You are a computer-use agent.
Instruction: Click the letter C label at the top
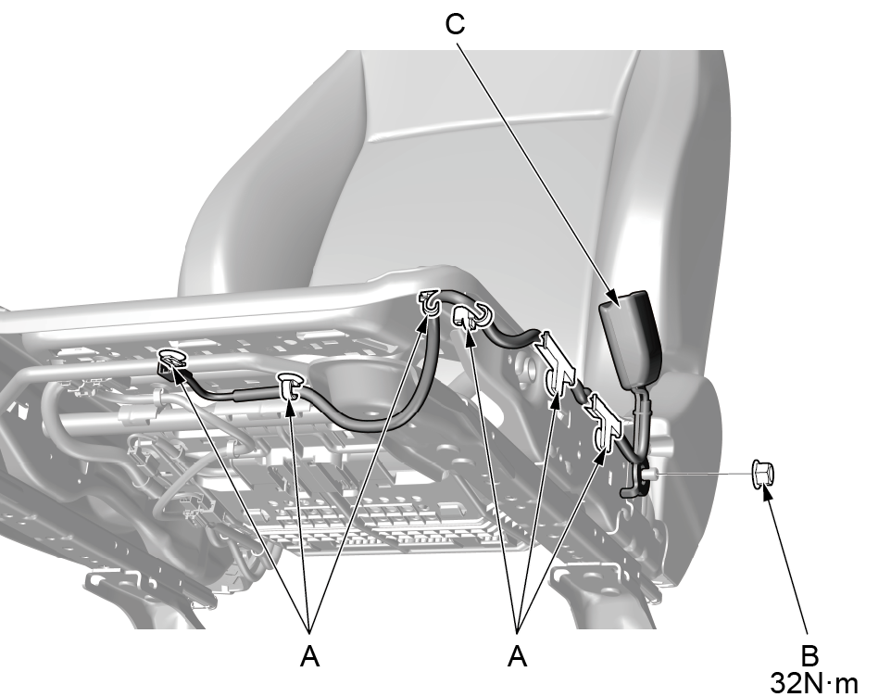(455, 24)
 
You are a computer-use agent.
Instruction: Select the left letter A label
(309, 656)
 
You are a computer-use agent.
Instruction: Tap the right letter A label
(517, 656)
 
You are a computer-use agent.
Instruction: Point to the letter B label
(809, 656)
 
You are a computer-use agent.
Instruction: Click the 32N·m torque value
(814, 682)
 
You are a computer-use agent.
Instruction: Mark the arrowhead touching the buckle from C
(611, 298)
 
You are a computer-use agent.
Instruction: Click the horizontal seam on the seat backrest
(495, 125)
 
